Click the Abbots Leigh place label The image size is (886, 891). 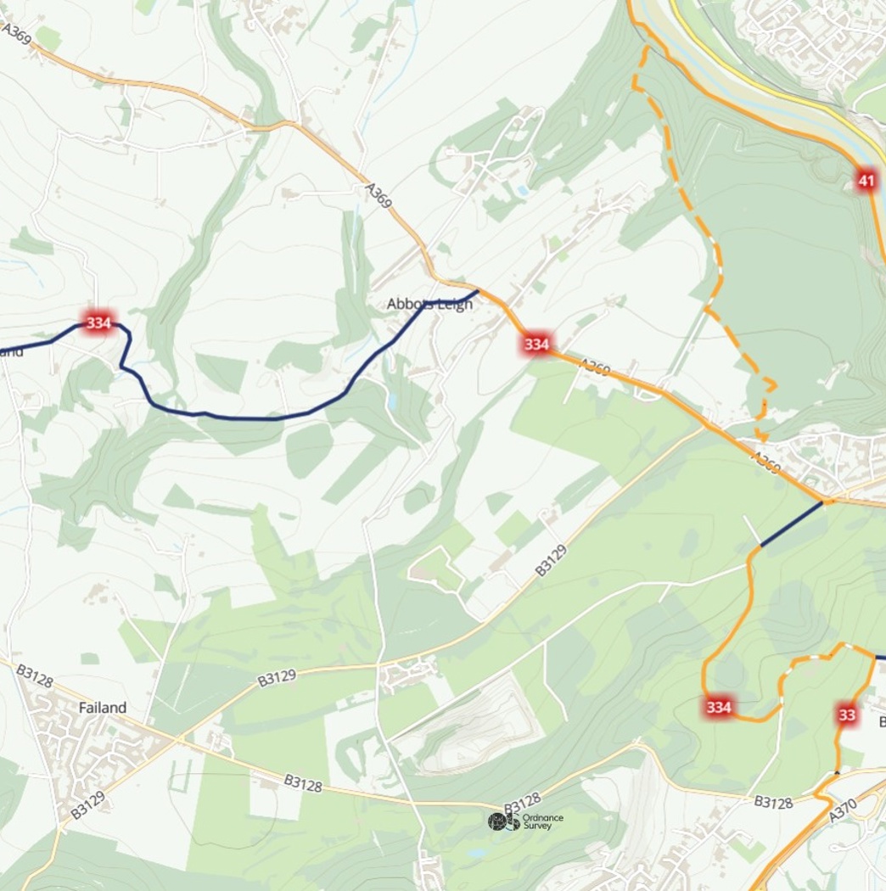429,304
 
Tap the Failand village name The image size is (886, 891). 102,707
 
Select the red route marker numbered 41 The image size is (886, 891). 866,180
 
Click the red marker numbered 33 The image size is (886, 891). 846,714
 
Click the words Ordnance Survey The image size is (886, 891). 542,821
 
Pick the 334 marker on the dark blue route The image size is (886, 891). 98,322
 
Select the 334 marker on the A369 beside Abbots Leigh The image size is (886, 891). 536,344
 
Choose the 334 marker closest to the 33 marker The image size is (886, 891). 719,707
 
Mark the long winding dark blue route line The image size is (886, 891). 255,417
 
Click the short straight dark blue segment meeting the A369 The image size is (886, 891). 791,524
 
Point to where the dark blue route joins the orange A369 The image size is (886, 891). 479,291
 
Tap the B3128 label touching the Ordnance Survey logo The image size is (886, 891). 522,804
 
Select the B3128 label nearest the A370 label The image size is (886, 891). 773,802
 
